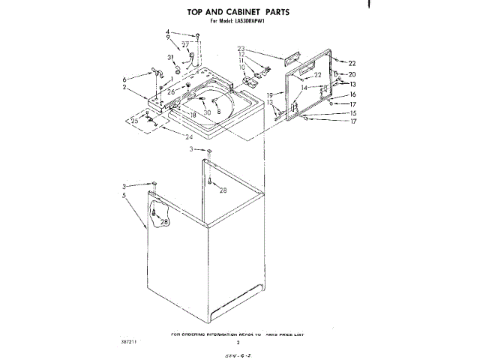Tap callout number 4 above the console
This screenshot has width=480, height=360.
[x=168, y=32]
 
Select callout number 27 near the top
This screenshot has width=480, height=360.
[x=184, y=45]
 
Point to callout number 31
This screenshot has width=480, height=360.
[x=170, y=57]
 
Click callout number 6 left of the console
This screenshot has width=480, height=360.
[x=124, y=79]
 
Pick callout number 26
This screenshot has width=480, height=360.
[x=171, y=91]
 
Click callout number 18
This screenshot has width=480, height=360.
[x=193, y=115]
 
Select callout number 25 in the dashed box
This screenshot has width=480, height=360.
[x=134, y=120]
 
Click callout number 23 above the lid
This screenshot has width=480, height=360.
[x=241, y=49]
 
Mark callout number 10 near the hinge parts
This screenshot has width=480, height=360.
[x=242, y=67]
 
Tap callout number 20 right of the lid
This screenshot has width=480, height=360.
[x=352, y=74]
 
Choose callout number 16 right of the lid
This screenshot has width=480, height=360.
[x=352, y=94]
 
